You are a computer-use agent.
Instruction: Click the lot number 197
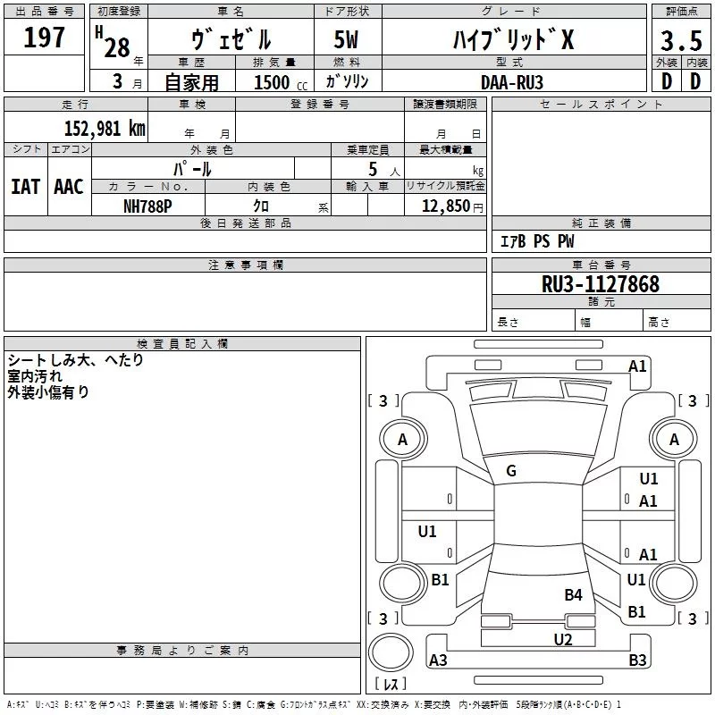point(45,38)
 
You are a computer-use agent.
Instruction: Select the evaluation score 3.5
point(680,40)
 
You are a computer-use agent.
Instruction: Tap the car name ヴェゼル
point(231,39)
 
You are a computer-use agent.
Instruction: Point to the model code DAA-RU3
point(511,81)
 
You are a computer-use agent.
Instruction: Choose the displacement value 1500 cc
point(273,82)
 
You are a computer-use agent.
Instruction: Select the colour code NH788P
point(148,206)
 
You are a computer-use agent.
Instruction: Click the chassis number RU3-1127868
point(601,284)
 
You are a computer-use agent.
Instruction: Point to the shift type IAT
point(25,187)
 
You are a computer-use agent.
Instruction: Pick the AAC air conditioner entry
point(69,187)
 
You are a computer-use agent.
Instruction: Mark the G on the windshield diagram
point(511,471)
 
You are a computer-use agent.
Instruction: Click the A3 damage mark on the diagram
point(438,660)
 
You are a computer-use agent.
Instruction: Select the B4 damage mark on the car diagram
point(573,594)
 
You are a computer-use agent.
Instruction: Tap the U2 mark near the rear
point(562,639)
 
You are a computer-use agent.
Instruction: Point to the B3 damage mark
point(637,660)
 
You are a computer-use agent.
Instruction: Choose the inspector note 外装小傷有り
point(48,391)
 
